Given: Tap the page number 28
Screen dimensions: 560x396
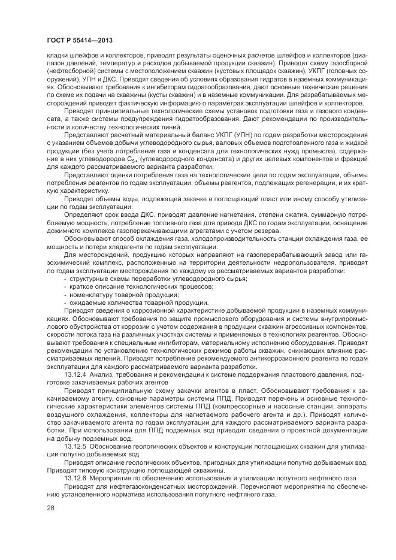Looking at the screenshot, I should [x=50, y=508].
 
